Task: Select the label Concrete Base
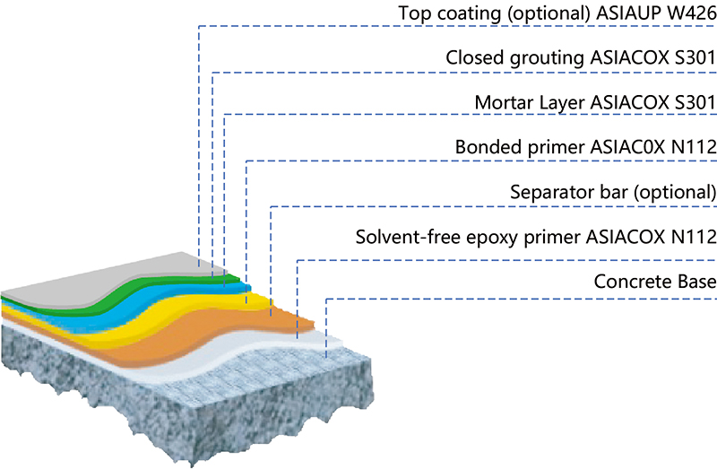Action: (654, 282)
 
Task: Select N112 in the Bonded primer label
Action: (690, 147)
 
